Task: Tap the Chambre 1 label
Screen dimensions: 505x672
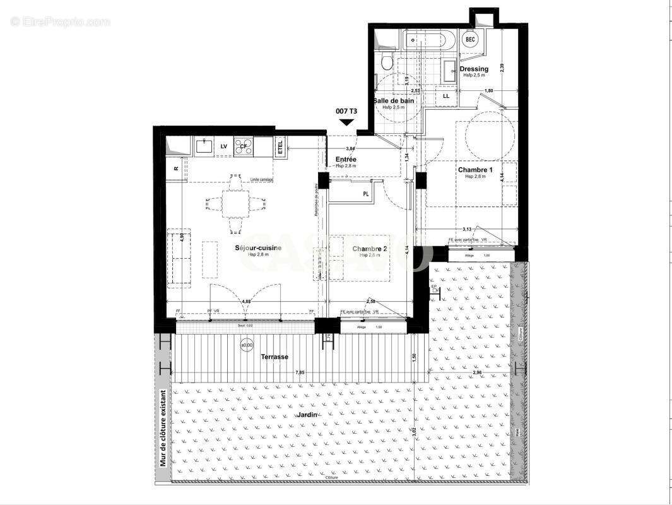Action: point(475,170)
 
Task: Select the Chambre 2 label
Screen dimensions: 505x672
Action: point(370,248)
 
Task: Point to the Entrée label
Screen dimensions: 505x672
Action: point(346,159)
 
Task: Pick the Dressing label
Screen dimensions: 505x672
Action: point(474,69)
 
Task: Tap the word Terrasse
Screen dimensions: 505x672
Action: point(274,357)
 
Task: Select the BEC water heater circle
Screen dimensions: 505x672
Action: point(470,39)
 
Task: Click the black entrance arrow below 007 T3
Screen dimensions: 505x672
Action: point(346,124)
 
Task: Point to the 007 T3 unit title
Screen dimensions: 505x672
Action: point(346,111)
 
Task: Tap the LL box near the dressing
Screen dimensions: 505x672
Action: point(446,96)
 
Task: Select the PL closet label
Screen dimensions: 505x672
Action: point(365,194)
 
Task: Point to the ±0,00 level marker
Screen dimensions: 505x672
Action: point(247,346)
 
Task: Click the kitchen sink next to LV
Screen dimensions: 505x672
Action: point(204,146)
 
